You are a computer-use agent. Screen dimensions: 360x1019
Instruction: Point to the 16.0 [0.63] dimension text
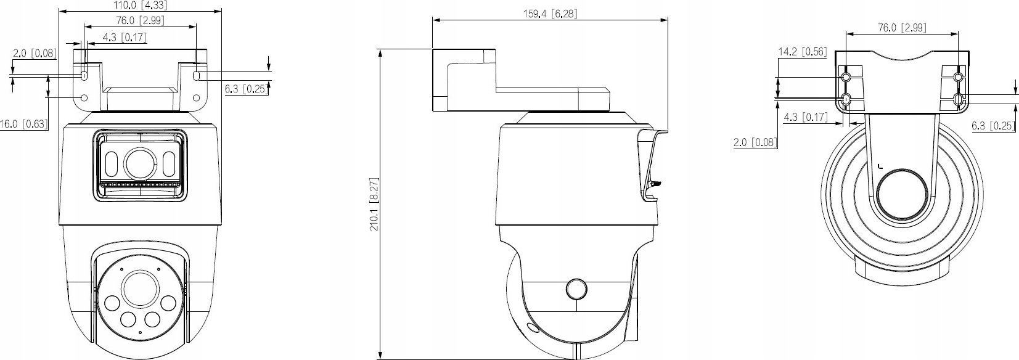click(23, 124)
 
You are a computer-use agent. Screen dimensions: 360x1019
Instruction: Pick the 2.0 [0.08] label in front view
click(35, 54)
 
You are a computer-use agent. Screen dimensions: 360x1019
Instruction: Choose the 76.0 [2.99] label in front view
click(140, 20)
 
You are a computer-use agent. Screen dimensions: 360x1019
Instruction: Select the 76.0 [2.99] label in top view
click(901, 27)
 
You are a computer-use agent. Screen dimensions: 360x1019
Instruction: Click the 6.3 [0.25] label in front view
click(245, 89)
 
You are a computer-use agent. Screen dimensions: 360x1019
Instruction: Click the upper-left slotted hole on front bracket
click(84, 75)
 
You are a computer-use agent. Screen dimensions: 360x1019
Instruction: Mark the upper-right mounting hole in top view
click(958, 78)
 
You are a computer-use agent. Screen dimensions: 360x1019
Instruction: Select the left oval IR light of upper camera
click(113, 165)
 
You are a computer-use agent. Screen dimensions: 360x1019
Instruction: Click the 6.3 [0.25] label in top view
click(992, 126)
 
